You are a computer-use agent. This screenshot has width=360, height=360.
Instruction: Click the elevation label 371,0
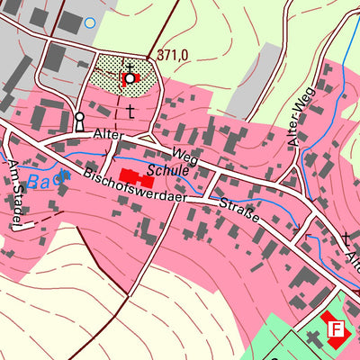tap(173, 56)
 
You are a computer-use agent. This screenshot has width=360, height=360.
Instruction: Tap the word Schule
tap(170, 169)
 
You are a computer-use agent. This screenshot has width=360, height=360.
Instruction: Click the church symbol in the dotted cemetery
tap(130, 77)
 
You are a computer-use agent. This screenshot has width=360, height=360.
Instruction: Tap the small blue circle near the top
tap(89, 22)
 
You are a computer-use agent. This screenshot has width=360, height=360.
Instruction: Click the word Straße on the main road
tap(239, 211)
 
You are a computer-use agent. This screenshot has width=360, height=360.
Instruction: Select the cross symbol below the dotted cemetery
tap(130, 112)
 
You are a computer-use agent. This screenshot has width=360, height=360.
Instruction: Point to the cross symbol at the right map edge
tap(347, 238)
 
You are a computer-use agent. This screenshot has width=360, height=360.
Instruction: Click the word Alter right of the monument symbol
tap(108, 135)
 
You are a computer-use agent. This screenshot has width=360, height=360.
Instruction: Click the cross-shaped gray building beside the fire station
tap(314, 337)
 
